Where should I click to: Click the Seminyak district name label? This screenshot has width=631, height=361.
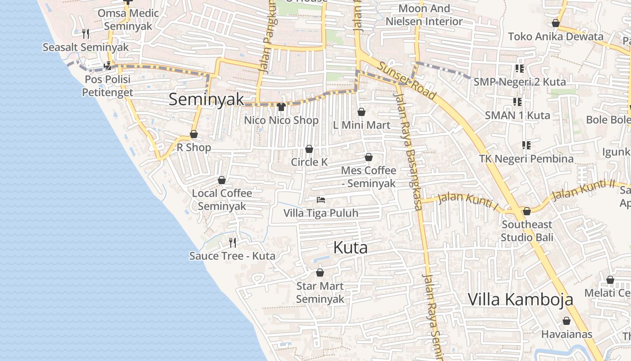[x=206, y=100]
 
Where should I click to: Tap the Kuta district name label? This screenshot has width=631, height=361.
[x=350, y=248]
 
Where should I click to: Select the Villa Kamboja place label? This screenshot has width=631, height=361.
[x=520, y=300]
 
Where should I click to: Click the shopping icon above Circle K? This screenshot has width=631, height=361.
[x=309, y=149]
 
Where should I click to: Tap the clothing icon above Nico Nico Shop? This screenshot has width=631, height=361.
[x=281, y=107]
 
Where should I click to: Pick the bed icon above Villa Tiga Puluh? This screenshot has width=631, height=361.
[x=321, y=199]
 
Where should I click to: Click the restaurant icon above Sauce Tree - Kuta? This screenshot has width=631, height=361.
[x=233, y=243]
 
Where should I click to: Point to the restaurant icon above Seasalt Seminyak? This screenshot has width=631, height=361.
[x=86, y=33]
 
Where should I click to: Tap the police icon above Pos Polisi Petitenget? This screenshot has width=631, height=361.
[x=107, y=66]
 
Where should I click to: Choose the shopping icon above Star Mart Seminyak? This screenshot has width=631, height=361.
[x=320, y=273]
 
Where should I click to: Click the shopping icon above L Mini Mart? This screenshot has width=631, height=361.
[x=361, y=112]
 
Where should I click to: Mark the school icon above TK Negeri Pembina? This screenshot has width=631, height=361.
[x=526, y=145]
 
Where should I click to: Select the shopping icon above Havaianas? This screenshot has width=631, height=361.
[x=567, y=321]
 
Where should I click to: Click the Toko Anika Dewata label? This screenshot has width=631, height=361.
[x=555, y=37]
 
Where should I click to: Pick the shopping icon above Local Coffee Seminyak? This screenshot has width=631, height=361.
[x=222, y=180]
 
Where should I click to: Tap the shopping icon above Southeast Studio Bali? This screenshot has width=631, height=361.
[x=526, y=211]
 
